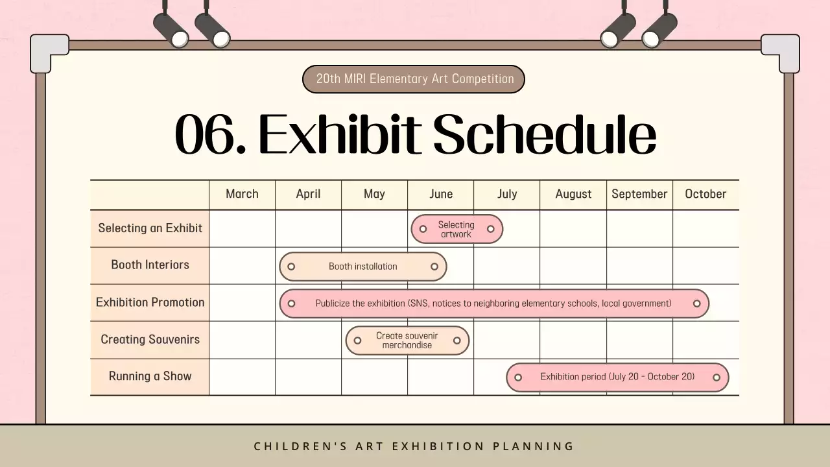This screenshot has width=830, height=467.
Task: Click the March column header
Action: point(242,194)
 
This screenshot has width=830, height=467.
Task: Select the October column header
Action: point(705,194)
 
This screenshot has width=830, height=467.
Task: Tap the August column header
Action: point(573,194)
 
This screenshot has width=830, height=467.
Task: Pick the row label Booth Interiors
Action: point(150,265)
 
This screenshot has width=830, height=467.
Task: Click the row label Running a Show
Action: point(150,376)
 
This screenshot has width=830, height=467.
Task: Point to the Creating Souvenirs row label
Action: point(150,339)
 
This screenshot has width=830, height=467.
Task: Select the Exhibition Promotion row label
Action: point(150,302)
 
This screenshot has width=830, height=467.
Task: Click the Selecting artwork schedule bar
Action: point(456,229)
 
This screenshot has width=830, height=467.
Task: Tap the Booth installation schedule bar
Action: point(362,267)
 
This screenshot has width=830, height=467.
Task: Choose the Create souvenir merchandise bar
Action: point(407,341)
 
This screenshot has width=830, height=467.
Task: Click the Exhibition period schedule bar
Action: point(617,377)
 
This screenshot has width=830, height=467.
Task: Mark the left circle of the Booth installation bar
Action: point(291,267)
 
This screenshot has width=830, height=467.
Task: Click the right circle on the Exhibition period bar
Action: point(717,377)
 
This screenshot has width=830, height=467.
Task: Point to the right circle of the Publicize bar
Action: point(697,304)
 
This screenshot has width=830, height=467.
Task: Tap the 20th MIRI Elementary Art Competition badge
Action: point(414,79)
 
